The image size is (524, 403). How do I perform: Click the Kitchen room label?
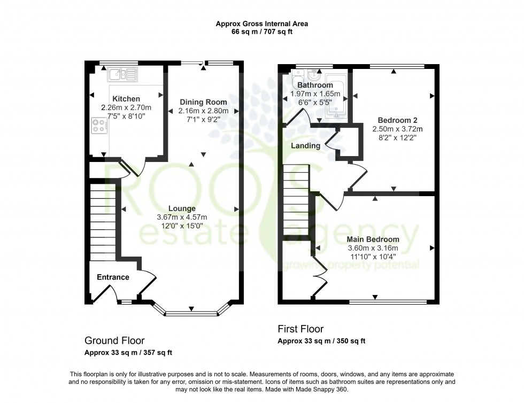126,99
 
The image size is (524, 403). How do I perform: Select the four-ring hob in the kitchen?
98,126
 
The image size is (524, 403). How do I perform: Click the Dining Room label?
203,102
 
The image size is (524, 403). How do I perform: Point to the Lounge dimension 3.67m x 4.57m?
182,217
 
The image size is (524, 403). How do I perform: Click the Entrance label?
113,277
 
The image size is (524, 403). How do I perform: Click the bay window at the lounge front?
191,312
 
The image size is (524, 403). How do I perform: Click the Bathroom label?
315,85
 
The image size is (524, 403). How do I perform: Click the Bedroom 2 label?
397,120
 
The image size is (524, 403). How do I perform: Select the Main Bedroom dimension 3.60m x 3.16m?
373,247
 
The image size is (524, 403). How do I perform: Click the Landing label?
306,145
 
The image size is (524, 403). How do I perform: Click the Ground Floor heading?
114,340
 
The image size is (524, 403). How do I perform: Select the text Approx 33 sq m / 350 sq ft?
321,341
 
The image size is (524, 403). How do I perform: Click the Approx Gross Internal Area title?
261,24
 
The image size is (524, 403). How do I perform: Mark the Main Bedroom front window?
388,302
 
